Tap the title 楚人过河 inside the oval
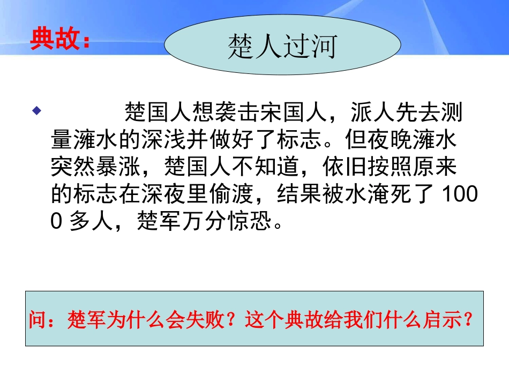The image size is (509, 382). [282, 47]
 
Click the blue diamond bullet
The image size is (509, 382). [36, 111]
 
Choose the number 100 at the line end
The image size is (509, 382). [460, 195]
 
